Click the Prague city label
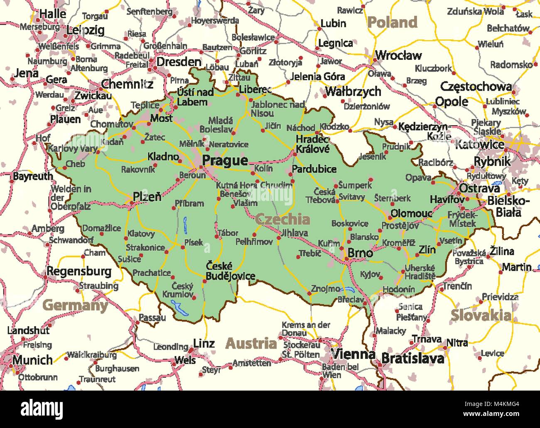pos(225,161)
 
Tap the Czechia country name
pos(282,219)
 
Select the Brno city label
pos(360,252)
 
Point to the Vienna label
pos(353,354)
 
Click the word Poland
pos(392,22)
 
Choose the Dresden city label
pos(179,62)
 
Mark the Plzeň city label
pos(147,196)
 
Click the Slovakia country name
pos(481,315)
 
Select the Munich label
pos(32,359)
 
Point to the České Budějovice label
pos(230,271)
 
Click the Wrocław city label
pos(398,55)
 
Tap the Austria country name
pos(251,343)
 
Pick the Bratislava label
pos(412,358)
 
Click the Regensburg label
pos(79,272)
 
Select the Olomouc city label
pos(411,213)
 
